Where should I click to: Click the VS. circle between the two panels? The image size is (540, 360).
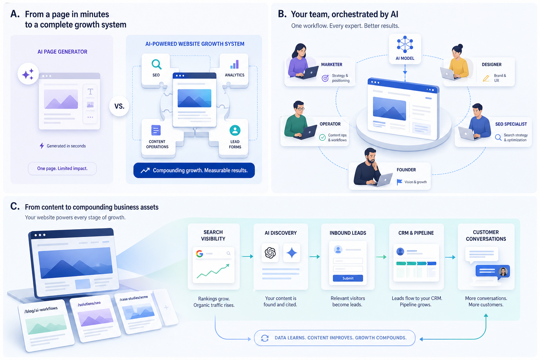pyautogui.click(x=119, y=106)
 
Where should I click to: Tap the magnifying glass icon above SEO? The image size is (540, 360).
pyautogui.click(x=156, y=64)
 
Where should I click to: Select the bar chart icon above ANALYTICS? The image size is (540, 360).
pyautogui.click(x=234, y=64)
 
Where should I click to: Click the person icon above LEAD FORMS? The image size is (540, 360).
pyautogui.click(x=235, y=130)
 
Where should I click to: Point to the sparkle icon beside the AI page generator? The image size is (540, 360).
pyautogui.click(x=28, y=74)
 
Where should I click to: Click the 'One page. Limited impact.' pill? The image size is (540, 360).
pyautogui.click(x=62, y=168)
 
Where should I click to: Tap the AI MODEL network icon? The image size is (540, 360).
pyautogui.click(x=405, y=44)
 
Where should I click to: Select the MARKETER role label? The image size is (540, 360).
pyautogui.click(x=332, y=64)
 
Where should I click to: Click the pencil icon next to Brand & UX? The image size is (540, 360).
pyautogui.click(x=486, y=78)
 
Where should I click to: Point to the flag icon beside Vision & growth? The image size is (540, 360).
pyautogui.click(x=399, y=182)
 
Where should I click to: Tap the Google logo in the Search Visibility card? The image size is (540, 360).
pyautogui.click(x=199, y=254)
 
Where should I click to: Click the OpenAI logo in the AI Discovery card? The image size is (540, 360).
pyautogui.click(x=270, y=253)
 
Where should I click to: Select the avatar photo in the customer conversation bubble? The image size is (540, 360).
pyautogui.click(x=503, y=272)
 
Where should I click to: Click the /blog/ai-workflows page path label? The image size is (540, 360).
pyautogui.click(x=41, y=310)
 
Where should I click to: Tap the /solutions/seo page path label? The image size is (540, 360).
pyautogui.click(x=89, y=304)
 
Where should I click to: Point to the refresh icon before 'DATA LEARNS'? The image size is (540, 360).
pyautogui.click(x=265, y=338)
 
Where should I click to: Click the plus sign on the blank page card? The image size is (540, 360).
pyautogui.click(x=166, y=307)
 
